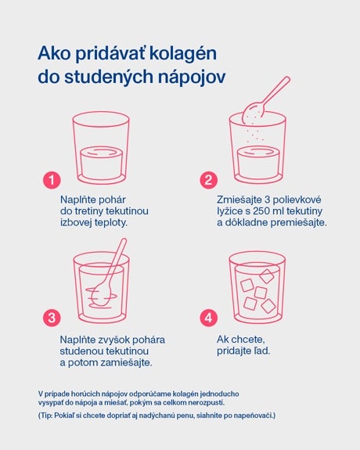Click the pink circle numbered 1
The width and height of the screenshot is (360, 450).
[51, 180]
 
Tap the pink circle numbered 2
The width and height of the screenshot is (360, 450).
[208, 180]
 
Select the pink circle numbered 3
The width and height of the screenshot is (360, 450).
[51, 319]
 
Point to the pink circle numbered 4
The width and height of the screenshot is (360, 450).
[208, 319]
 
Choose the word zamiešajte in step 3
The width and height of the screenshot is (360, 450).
[127, 362]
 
